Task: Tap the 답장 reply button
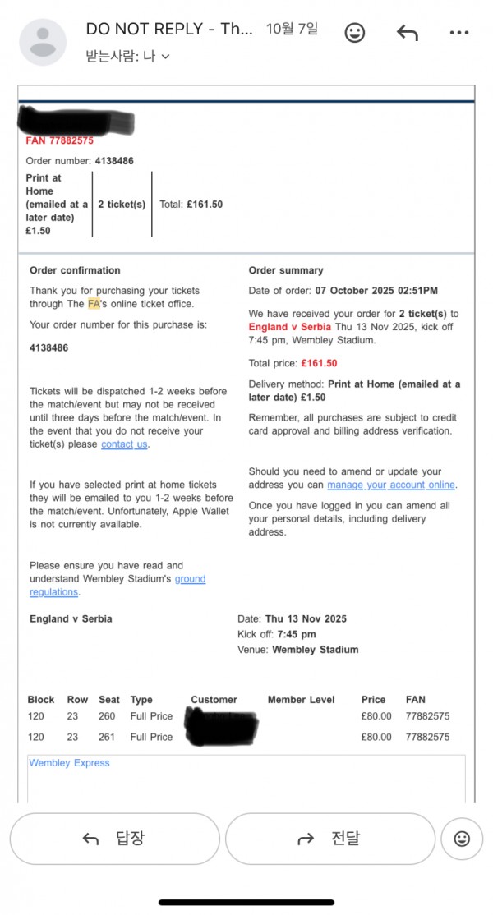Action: tap(114, 839)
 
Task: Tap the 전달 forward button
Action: tap(329, 839)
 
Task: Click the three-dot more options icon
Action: tap(459, 33)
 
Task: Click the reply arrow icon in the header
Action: tap(407, 33)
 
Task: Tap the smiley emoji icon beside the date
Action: tap(354, 33)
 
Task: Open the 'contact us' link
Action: tap(125, 444)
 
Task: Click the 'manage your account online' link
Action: tap(391, 485)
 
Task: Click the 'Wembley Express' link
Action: tap(69, 763)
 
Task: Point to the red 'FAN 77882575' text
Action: tap(59, 140)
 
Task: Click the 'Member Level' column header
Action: tap(301, 700)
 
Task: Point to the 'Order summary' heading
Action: tap(286, 270)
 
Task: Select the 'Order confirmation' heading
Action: tap(75, 270)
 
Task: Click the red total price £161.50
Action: tap(319, 363)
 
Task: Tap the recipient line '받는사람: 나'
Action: tap(127, 57)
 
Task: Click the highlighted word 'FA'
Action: tap(94, 303)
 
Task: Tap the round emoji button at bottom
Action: tap(462, 839)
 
